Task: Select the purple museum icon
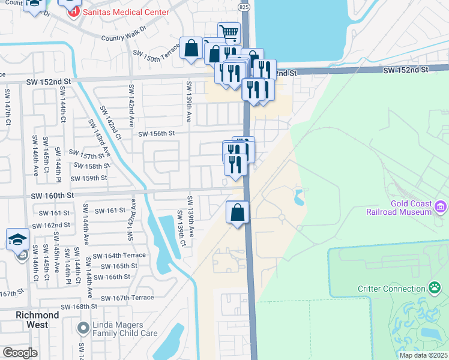point(441,207)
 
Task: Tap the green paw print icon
point(434,288)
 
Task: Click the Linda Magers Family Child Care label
point(127,329)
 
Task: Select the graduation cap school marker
point(18,239)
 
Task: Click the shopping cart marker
point(229,32)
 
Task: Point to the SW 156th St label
point(156,133)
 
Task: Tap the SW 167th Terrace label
point(127,298)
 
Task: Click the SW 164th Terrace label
point(119,255)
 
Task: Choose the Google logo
point(20,353)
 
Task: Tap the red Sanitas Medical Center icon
point(73,11)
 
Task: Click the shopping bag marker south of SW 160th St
point(238,212)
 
